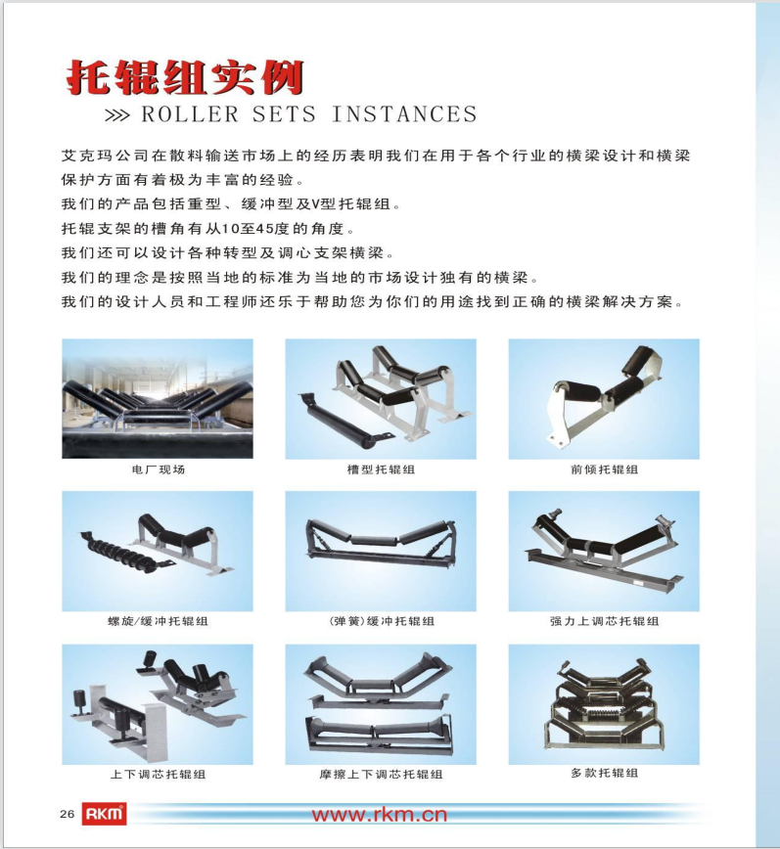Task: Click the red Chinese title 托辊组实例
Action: click(x=185, y=78)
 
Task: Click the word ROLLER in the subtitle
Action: click(x=190, y=114)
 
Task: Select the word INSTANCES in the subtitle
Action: click(x=404, y=114)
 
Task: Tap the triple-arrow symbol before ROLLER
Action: click(x=117, y=115)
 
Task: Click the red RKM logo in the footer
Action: click(x=104, y=814)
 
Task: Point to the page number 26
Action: click(x=68, y=815)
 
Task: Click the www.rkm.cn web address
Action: click(x=379, y=815)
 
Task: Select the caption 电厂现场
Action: click(x=159, y=469)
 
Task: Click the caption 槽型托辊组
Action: click(x=381, y=469)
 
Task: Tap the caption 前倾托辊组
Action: click(x=605, y=469)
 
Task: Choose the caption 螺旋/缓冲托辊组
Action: click(x=158, y=621)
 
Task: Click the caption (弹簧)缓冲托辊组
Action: click(x=382, y=621)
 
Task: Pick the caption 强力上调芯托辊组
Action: click(x=605, y=621)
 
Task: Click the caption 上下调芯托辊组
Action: click(x=158, y=775)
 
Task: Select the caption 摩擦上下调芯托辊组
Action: click(x=381, y=775)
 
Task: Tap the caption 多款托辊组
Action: click(x=605, y=773)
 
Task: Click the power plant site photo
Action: click(x=158, y=399)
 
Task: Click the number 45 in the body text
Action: click(x=265, y=229)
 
